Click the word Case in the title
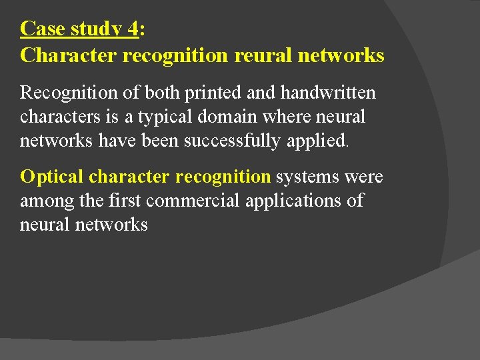[x=43, y=29]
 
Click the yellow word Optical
[x=51, y=177]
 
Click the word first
[x=127, y=201]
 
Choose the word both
[x=159, y=93]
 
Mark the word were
[x=365, y=177]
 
